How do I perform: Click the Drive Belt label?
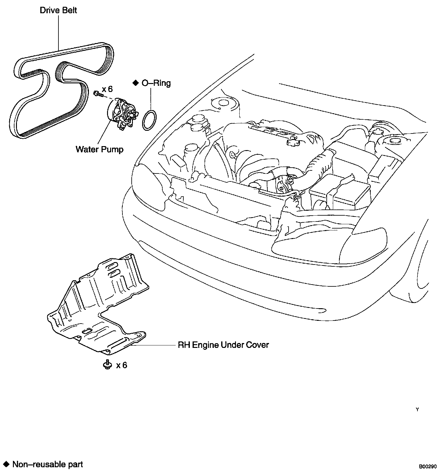(x=58, y=10)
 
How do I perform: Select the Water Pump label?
(x=99, y=149)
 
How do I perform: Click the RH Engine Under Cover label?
(x=223, y=345)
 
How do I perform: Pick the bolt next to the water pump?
(x=97, y=93)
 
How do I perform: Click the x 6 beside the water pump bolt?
(x=107, y=89)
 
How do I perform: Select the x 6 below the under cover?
(x=122, y=365)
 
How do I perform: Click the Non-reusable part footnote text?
(x=48, y=464)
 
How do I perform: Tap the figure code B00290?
(x=427, y=467)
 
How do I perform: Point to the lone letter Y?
(x=417, y=409)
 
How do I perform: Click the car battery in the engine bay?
(x=340, y=191)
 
